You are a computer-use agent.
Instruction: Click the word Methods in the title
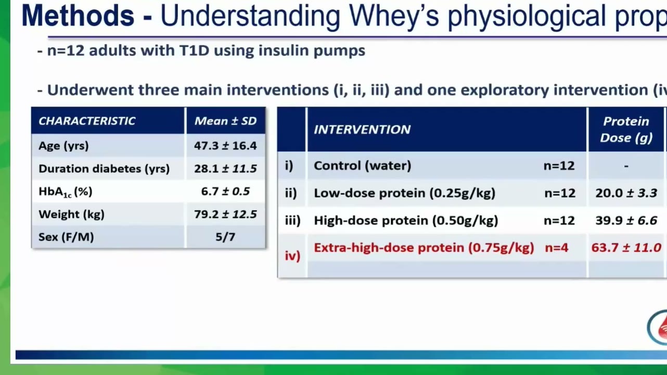point(78,16)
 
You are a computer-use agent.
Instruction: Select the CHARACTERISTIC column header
point(87,121)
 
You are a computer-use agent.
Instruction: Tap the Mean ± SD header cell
point(225,121)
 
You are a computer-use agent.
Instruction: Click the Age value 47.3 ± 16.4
point(225,146)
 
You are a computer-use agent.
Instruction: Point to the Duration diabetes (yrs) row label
point(104,169)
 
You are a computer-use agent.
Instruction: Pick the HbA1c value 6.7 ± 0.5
point(225,191)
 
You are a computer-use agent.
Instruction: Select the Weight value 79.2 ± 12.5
point(225,215)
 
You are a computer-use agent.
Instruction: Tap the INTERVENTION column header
point(362,130)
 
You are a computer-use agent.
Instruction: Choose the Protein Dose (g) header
point(626,129)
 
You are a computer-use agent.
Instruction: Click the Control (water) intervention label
point(363,166)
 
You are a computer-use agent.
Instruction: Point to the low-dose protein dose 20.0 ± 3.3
point(626,193)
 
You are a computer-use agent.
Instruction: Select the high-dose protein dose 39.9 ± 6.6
point(626,221)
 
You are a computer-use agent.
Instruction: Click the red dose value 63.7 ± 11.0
point(626,248)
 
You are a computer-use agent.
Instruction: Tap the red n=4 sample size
point(556,248)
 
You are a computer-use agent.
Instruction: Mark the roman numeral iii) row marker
point(293,221)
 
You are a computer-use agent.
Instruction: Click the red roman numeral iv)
point(292,256)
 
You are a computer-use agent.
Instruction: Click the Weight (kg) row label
point(71,215)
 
